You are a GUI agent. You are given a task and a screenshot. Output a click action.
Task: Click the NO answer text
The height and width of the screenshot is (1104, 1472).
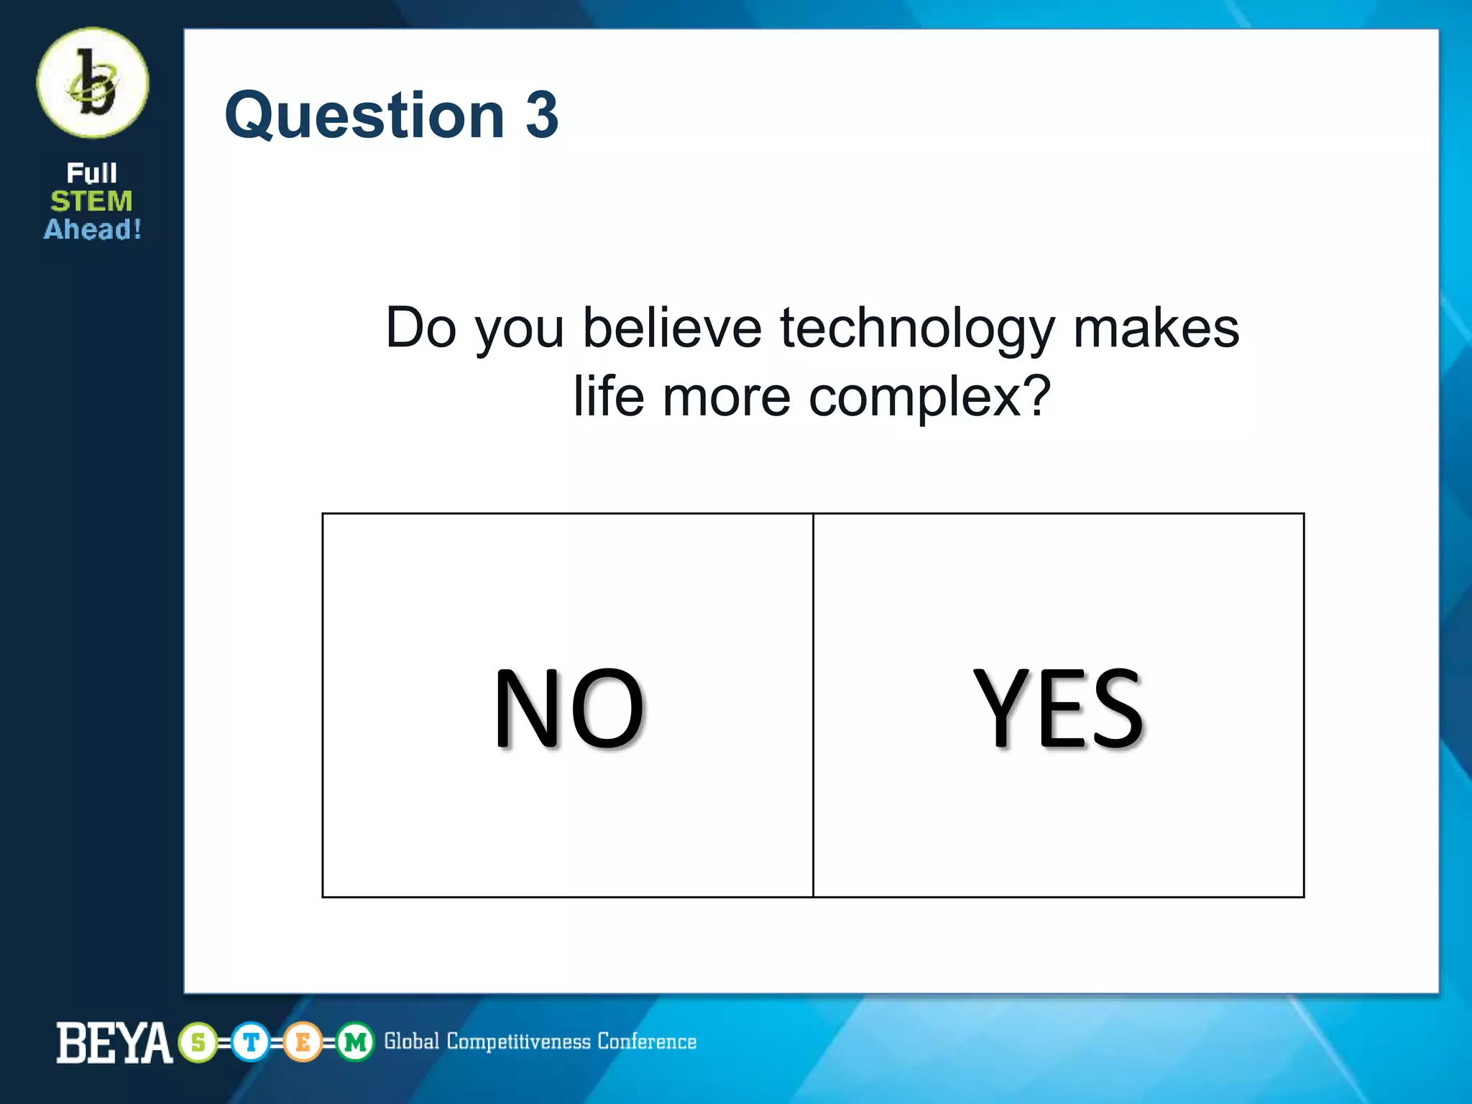tap(569, 708)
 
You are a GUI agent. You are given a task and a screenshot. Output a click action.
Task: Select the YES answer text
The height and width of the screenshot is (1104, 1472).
tap(1058, 708)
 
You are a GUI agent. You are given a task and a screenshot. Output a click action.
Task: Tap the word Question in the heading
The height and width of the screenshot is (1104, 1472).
tap(365, 116)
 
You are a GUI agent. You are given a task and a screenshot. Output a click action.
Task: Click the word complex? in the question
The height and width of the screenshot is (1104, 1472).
tap(930, 397)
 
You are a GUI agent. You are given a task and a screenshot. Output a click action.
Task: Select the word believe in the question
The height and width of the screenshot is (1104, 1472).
tap(671, 328)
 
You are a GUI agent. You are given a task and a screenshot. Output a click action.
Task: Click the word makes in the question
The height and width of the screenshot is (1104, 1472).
tap(1156, 328)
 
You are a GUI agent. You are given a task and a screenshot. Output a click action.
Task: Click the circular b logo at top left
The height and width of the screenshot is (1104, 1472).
tap(93, 83)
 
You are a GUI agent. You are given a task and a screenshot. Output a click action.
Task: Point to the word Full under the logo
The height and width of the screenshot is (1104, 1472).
tap(91, 173)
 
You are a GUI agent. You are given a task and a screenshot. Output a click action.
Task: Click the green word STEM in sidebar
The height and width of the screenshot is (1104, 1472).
tap(91, 201)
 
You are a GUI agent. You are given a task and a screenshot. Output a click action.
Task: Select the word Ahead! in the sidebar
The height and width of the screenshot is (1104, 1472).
tap(93, 229)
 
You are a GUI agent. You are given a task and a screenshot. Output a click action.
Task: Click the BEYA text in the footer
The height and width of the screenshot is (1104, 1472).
tap(114, 1042)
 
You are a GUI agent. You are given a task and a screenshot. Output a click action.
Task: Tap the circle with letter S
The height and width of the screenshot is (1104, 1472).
tap(198, 1042)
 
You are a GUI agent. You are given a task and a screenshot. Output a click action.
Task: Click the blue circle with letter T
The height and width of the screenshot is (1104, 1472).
tap(251, 1042)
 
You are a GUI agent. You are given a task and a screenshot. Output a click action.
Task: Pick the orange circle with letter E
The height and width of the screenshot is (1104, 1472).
tap(303, 1042)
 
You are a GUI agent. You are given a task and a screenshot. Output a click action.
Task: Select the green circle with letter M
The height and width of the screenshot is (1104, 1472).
tap(355, 1042)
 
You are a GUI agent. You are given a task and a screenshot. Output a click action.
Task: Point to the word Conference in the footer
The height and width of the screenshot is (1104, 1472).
tap(647, 1041)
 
